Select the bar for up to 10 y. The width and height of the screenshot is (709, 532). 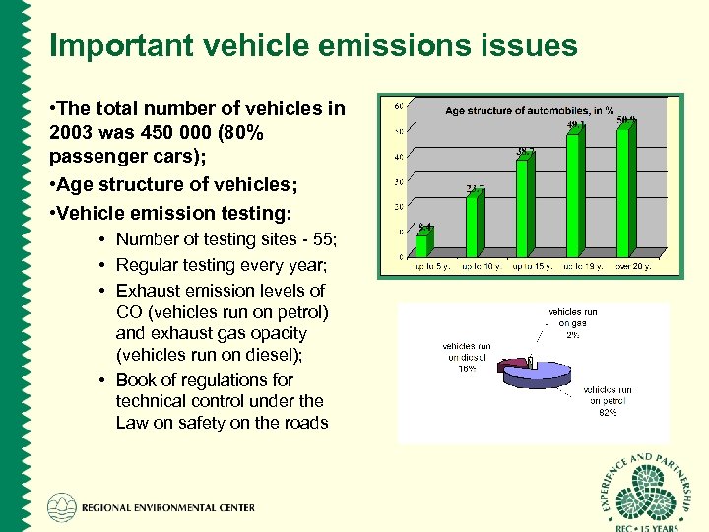click(x=473, y=225)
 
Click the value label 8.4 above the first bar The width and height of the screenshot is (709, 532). click(x=424, y=227)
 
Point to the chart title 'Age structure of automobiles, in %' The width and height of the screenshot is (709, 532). click(x=530, y=111)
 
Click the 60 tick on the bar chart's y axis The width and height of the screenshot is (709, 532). click(x=398, y=106)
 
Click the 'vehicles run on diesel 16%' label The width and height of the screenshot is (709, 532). click(x=467, y=358)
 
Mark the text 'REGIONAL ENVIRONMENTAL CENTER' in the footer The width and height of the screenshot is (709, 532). click(x=167, y=508)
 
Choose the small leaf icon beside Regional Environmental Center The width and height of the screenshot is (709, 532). click(x=61, y=507)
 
